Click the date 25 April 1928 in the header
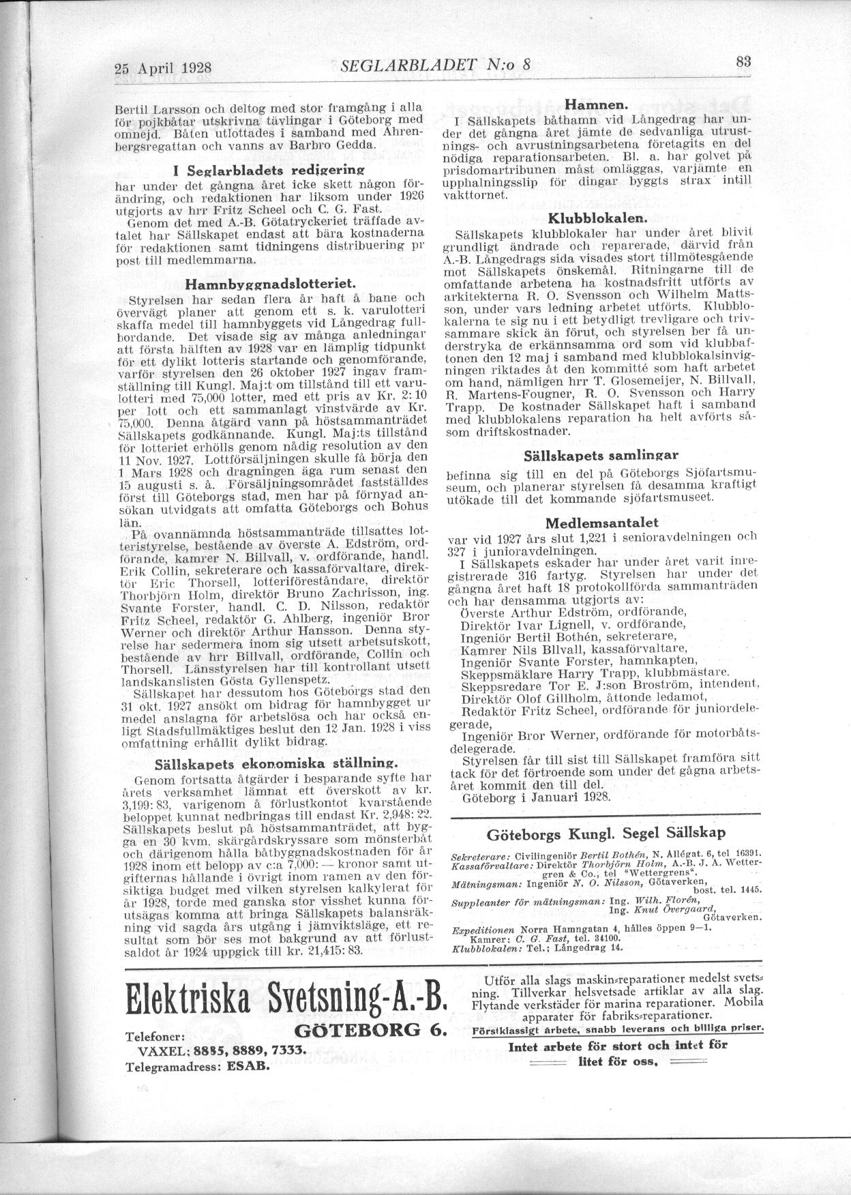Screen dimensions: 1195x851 pos(164,68)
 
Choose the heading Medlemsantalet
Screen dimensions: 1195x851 pos(601,523)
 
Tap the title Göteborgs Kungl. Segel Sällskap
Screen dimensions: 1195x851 pos(606,833)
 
